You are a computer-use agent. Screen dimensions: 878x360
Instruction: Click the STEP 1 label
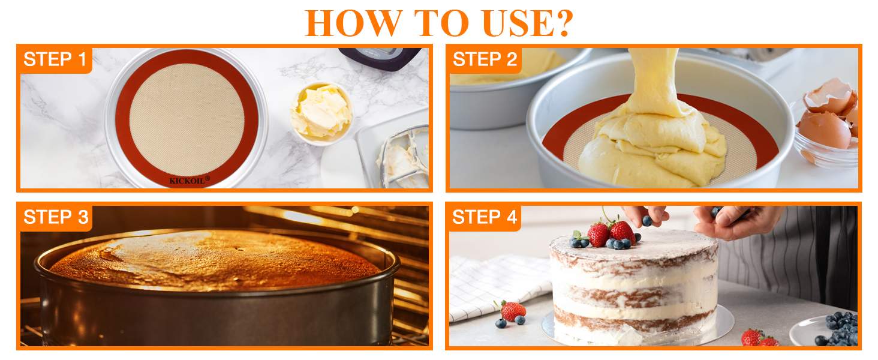55,59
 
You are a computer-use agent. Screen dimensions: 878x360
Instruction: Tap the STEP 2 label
485,59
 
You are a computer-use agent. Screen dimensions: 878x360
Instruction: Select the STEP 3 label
56,217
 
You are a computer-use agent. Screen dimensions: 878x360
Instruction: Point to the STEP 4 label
485,217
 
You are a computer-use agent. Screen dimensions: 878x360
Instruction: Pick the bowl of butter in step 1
321,113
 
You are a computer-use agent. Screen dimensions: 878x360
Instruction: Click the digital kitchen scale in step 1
380,58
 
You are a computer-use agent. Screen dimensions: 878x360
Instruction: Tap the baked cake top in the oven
215,259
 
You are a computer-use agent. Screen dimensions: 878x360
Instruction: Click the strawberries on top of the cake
612,233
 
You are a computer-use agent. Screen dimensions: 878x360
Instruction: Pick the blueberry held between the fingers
647,221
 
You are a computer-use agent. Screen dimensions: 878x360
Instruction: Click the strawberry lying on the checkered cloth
513,311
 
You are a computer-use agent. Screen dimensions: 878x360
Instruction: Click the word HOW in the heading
354,23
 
